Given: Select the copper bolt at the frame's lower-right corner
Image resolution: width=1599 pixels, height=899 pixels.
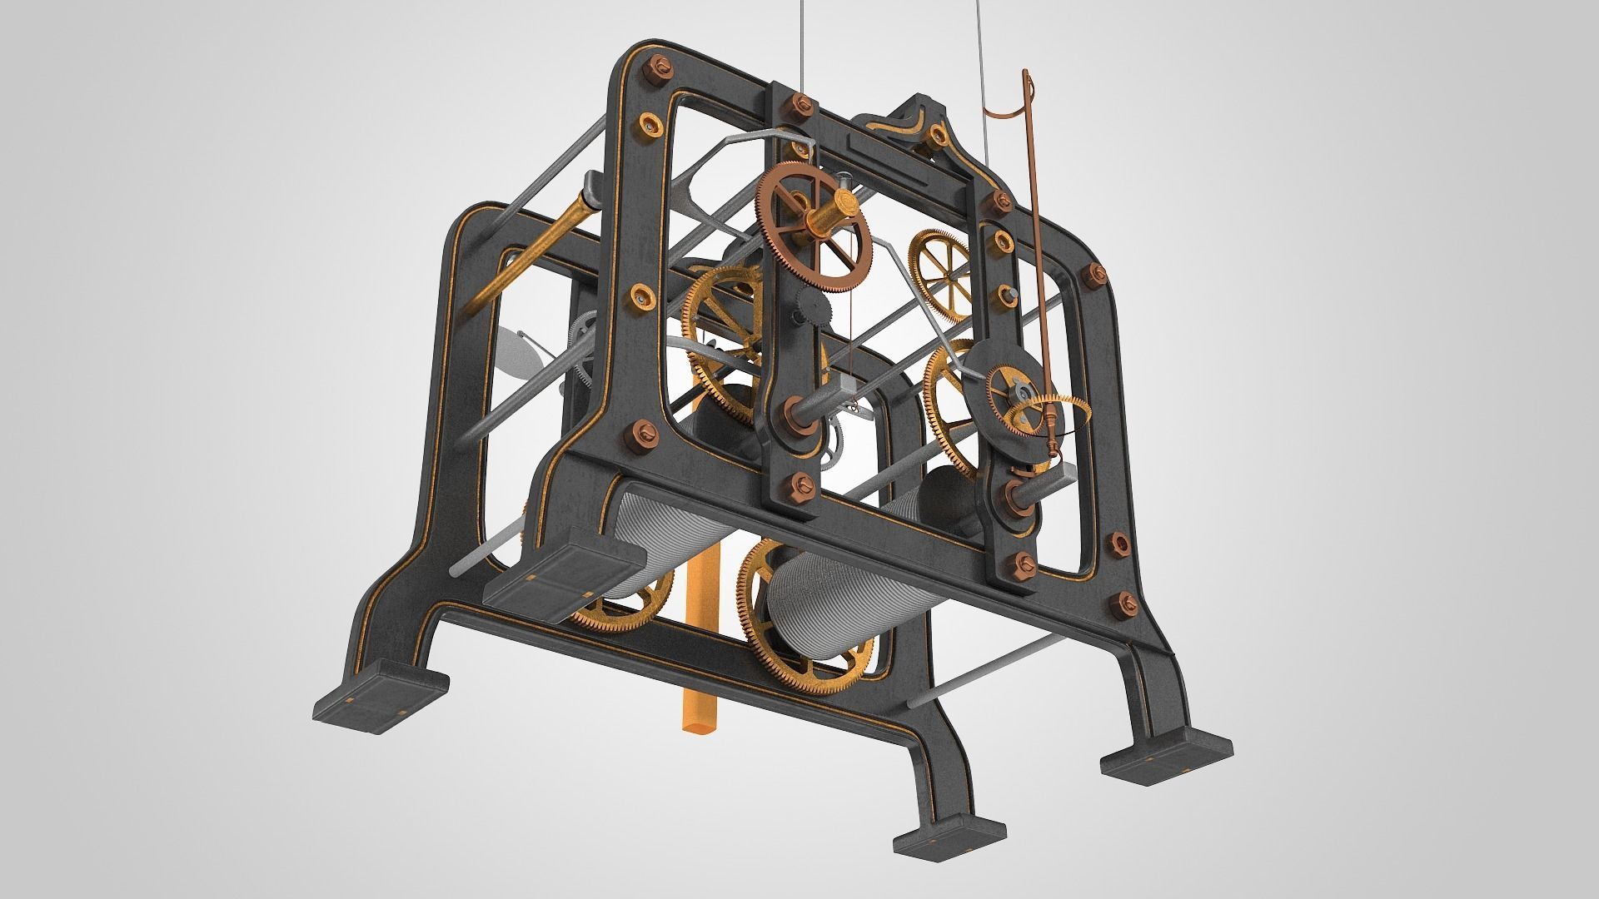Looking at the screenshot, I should click(x=1129, y=604).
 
